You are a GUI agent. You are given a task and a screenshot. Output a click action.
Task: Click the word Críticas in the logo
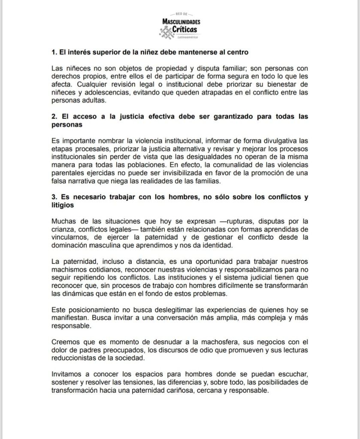coord(186,29)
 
